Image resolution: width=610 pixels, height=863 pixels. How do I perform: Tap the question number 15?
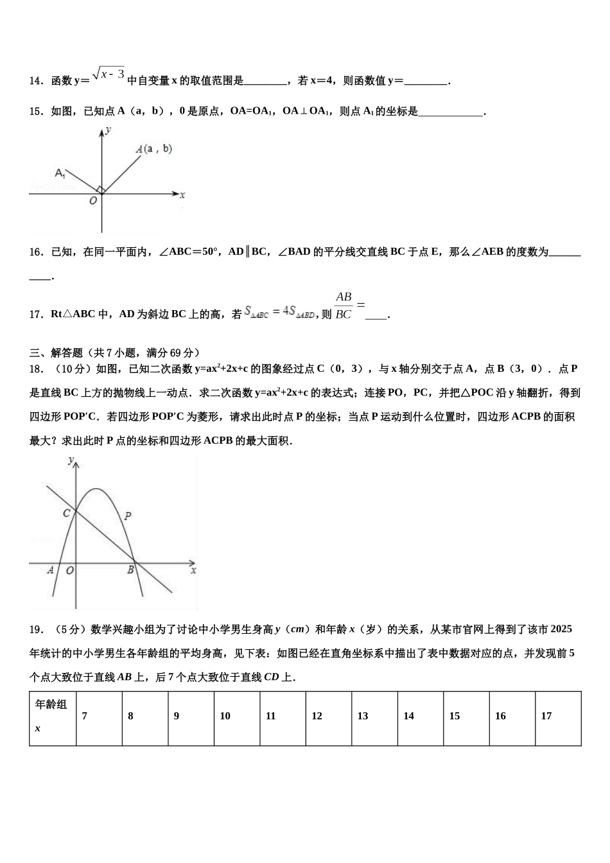pyautogui.click(x=35, y=112)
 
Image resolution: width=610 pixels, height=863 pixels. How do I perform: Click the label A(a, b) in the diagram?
pyautogui.click(x=154, y=149)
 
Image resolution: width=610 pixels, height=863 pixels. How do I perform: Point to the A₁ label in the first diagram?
pyautogui.click(x=60, y=173)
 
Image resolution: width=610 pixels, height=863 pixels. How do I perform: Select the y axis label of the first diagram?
pyautogui.click(x=109, y=130)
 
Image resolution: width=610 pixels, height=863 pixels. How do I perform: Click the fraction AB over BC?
pyautogui.click(x=344, y=306)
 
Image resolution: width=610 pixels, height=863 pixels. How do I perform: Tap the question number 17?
pyautogui.click(x=35, y=314)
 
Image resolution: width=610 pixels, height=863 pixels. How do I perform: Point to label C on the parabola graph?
pyautogui.click(x=66, y=513)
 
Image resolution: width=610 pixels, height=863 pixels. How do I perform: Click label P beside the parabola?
pyautogui.click(x=128, y=515)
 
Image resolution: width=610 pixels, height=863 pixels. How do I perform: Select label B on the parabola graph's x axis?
pyautogui.click(x=130, y=570)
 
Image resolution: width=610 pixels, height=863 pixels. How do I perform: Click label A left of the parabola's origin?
pyautogui.click(x=51, y=570)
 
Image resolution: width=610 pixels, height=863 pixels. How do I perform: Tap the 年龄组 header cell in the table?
pyautogui.click(x=52, y=718)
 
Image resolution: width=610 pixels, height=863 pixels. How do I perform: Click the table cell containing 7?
pyautogui.click(x=99, y=718)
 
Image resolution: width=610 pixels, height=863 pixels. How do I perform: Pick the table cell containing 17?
pyautogui.click(x=557, y=718)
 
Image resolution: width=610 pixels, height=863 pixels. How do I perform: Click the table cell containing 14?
pyautogui.click(x=421, y=718)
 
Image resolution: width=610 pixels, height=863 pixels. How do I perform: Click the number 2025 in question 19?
pyautogui.click(x=561, y=629)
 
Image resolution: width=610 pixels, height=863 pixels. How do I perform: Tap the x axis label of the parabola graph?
pyautogui.click(x=193, y=570)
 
